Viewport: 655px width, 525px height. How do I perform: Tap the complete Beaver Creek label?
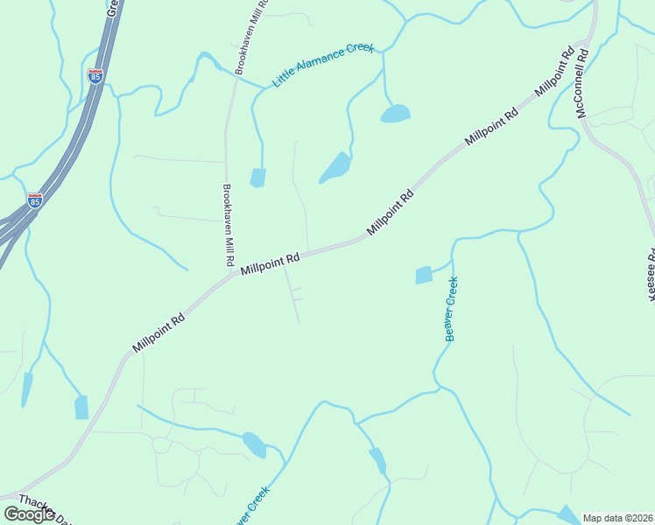coord(451,309)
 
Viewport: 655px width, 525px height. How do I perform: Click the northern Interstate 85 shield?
coord(95,76)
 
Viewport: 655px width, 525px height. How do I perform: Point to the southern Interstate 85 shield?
coord(34,200)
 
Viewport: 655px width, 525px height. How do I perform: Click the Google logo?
coord(29,514)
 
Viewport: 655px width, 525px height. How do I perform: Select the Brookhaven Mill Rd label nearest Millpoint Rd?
coord(227,225)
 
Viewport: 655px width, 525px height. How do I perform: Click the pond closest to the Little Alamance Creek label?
coord(395,114)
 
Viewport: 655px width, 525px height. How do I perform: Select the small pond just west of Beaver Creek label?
coord(424,275)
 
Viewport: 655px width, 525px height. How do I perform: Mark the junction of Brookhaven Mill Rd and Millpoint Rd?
coord(229,274)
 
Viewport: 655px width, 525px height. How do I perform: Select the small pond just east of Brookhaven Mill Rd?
coord(257,178)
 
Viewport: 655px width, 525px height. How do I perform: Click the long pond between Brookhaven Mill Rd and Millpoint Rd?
coord(335,167)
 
